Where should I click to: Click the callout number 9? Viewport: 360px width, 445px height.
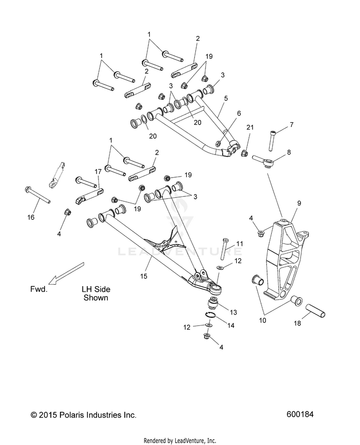[x=299, y=203]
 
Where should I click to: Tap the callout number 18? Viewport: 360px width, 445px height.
[x=297, y=323]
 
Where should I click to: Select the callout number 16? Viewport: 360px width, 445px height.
[x=31, y=217]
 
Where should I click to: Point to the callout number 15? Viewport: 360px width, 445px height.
[x=144, y=276]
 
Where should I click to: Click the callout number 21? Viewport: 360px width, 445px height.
[x=250, y=127]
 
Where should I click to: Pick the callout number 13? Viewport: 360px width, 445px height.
[x=233, y=313]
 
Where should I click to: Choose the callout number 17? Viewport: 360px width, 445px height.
[x=98, y=171]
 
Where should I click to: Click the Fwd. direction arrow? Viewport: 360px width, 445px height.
[x=66, y=273]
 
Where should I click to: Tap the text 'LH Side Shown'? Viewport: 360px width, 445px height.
[x=96, y=293]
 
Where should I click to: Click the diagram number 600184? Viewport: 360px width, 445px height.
[x=300, y=414]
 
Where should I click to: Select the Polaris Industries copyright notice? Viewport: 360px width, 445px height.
[x=84, y=415]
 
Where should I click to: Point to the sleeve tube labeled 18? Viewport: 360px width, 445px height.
[x=315, y=311]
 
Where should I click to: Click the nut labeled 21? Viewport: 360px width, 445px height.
[x=244, y=154]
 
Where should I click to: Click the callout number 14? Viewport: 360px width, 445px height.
[x=231, y=325]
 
